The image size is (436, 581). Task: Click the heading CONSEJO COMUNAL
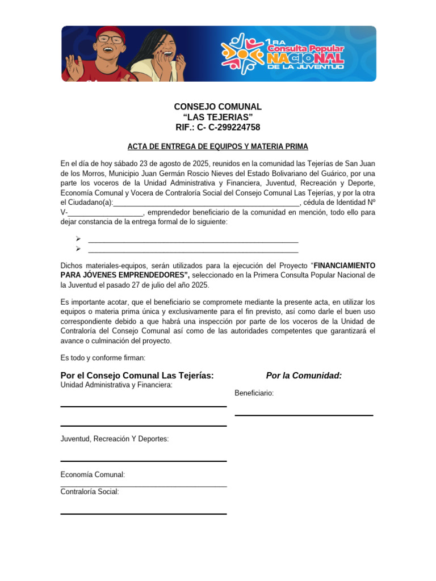point(217,107)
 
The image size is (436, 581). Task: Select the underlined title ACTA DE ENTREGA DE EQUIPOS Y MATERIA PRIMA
point(217,146)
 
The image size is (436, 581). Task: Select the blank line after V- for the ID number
point(106,213)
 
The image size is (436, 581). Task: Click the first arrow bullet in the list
point(78,239)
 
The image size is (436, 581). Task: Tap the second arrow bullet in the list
point(78,249)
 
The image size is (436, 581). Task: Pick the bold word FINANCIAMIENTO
point(345,266)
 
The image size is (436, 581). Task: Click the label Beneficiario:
point(254,393)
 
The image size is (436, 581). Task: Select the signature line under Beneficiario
point(304,415)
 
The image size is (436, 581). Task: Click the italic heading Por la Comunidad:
point(304,376)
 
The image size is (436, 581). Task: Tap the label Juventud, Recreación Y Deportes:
point(114,439)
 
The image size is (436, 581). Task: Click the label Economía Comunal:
point(93,475)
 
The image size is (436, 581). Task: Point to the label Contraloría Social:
point(90,492)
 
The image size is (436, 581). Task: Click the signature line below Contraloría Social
point(143,513)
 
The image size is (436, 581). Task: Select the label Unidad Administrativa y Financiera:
point(116,385)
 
